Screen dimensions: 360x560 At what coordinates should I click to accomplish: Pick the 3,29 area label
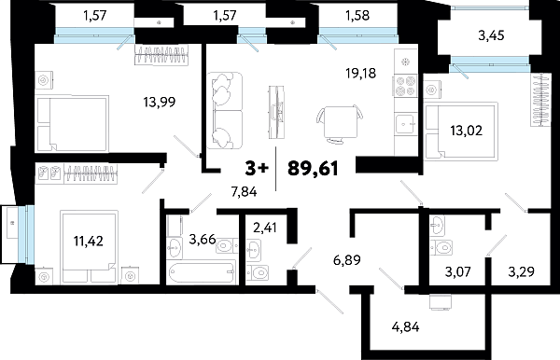coord(521,273)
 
